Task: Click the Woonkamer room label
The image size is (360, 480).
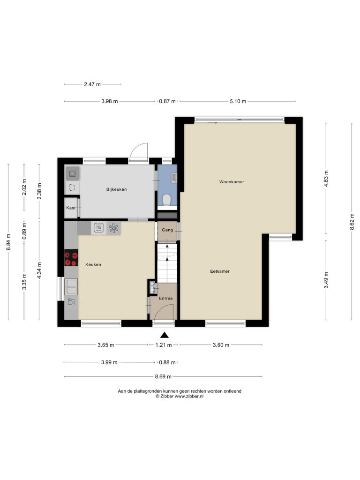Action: coord(232,182)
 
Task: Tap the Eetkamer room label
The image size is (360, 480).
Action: coord(220,271)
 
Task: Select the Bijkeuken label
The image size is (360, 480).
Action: coord(116,189)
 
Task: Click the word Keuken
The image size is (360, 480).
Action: coord(93,264)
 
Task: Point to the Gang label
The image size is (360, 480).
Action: coord(167,230)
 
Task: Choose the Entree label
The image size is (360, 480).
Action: coord(165,298)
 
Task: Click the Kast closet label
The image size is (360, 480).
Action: coord(71,208)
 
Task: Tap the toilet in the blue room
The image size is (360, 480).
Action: coord(167,200)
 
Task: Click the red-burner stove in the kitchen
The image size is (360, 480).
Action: coord(71,258)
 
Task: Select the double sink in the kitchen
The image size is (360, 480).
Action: coord(71,287)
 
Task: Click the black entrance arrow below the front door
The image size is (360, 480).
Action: coord(165,335)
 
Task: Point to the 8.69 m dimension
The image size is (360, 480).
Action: coord(163,376)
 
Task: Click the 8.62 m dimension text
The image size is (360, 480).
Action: coord(352,222)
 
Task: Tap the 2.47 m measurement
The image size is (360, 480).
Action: coord(92,84)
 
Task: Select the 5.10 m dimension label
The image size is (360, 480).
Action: coord(238,101)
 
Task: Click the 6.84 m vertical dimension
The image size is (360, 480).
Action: coord(8,242)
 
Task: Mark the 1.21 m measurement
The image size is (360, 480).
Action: coord(164,345)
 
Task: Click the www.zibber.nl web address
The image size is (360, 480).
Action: coord(189,396)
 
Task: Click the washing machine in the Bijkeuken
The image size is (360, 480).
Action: coord(72,174)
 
